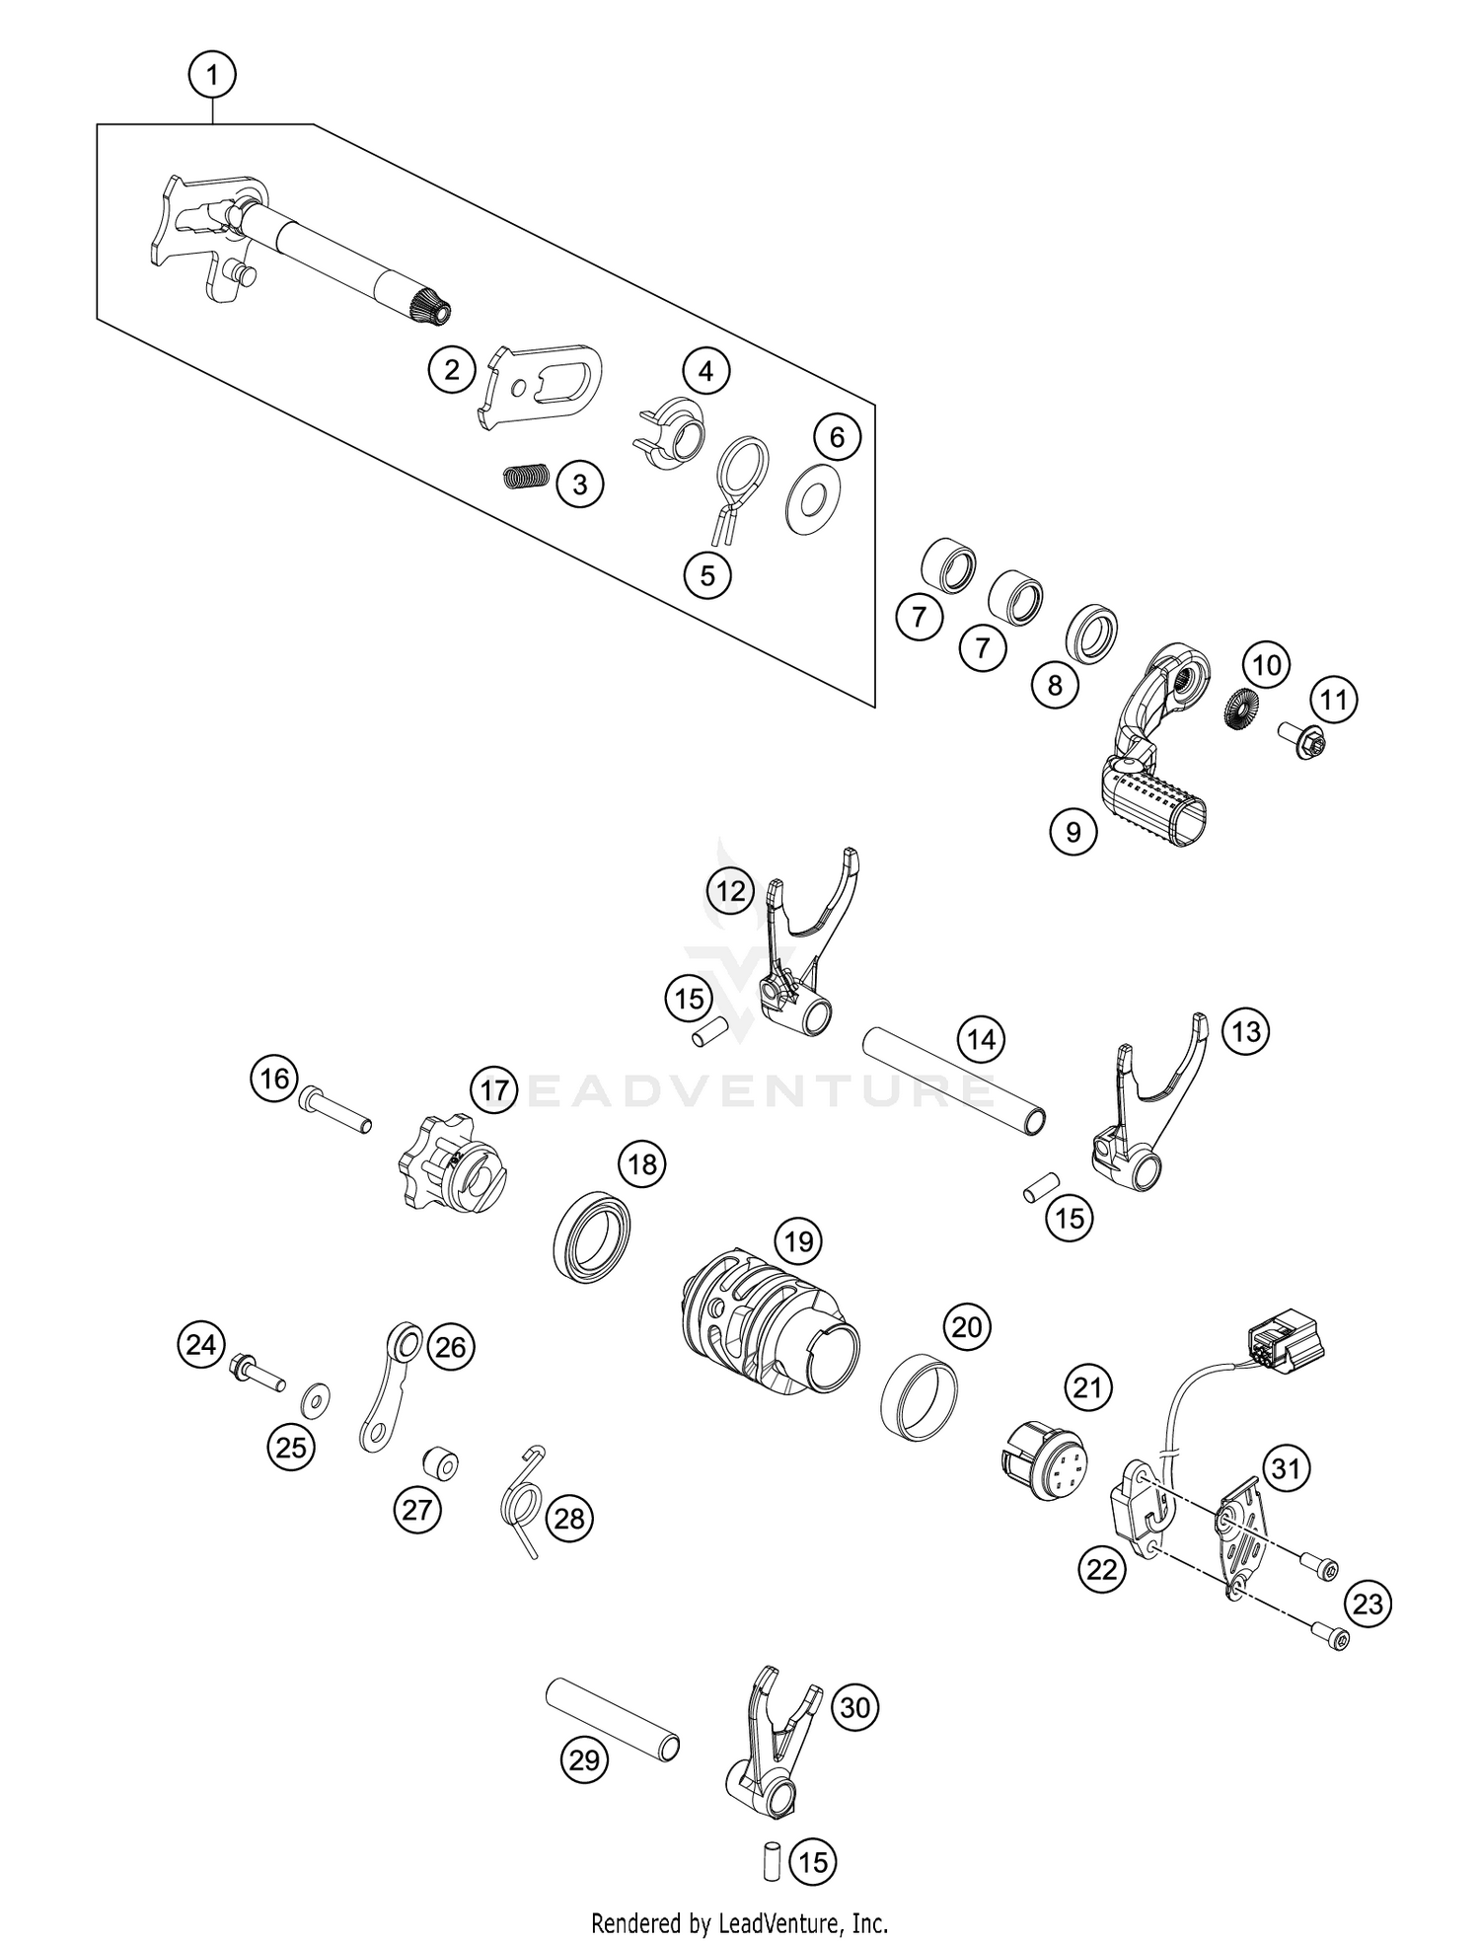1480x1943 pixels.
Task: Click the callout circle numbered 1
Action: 213,74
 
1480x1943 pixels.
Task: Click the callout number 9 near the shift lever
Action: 1073,832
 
